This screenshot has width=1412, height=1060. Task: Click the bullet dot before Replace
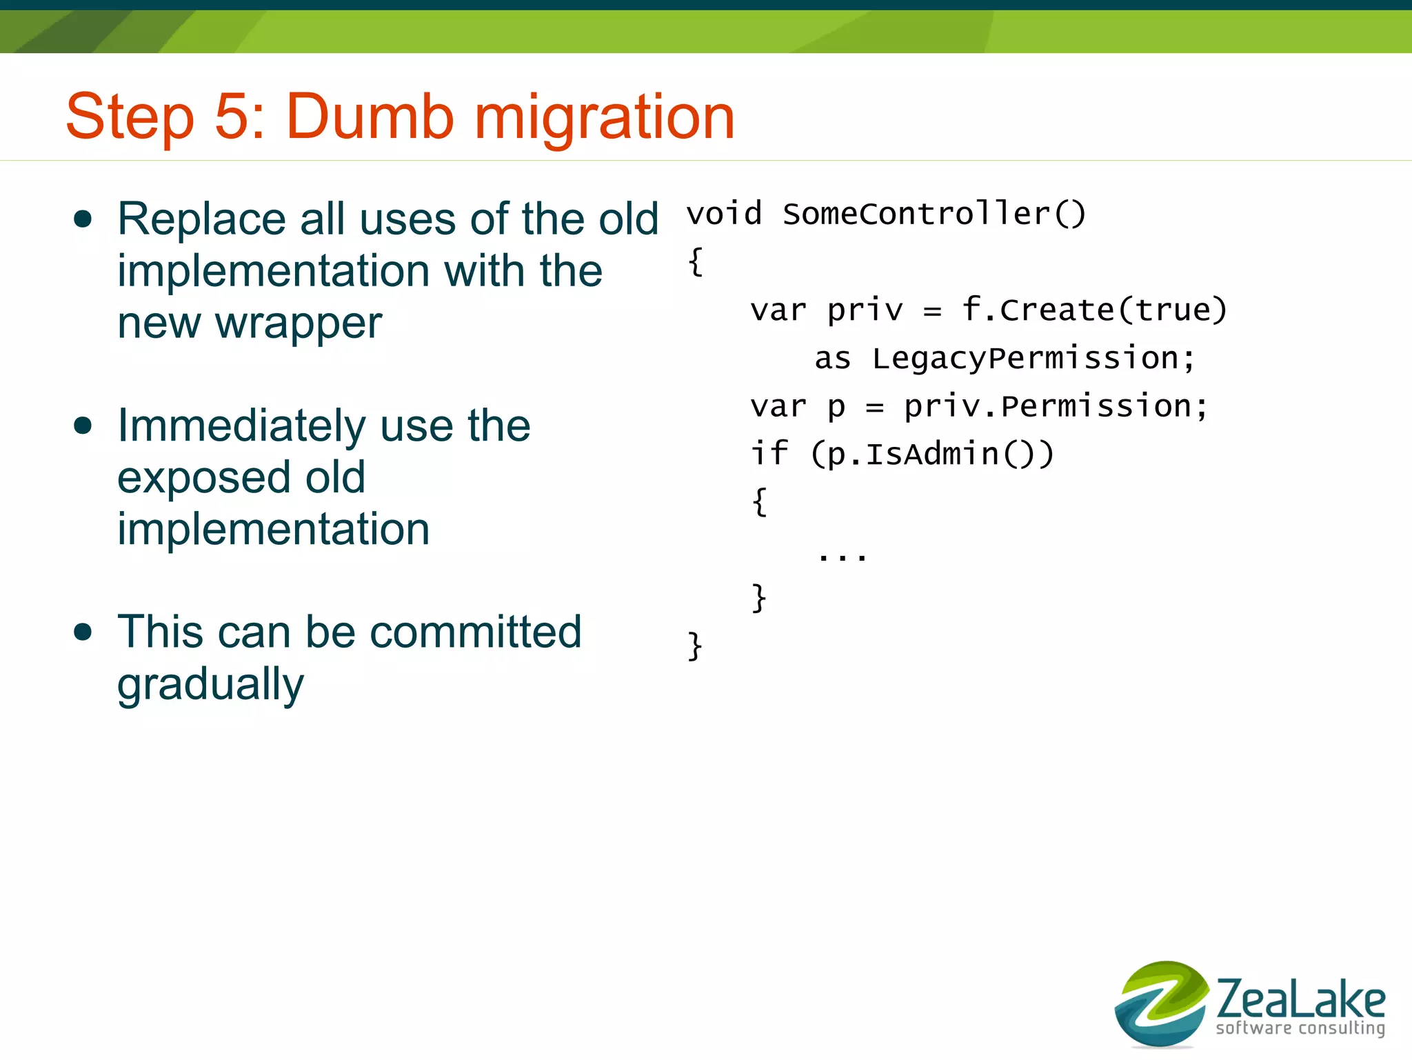(83, 219)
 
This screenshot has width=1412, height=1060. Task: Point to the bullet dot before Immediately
(83, 426)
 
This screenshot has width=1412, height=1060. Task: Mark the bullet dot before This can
(83, 632)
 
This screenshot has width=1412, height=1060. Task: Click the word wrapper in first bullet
(298, 324)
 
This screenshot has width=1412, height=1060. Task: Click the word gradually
(210, 685)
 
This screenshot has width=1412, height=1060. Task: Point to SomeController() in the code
(934, 214)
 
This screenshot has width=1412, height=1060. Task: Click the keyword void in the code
(724, 214)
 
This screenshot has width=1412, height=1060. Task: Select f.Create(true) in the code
(1094, 310)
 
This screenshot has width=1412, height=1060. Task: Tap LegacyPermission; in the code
(1033, 359)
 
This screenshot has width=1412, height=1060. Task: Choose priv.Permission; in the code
(1056, 406)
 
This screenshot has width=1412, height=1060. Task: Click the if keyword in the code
(768, 454)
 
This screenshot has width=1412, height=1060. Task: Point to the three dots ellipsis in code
(841, 555)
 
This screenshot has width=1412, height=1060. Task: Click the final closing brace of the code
(695, 646)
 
